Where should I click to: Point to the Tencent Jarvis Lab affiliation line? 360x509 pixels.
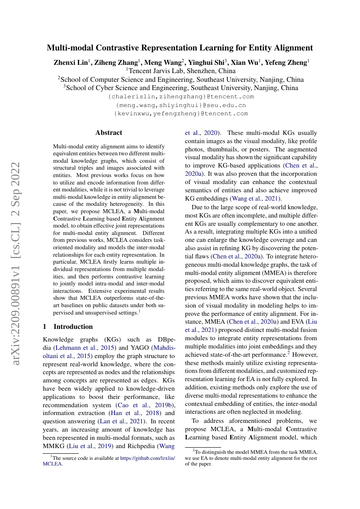181,70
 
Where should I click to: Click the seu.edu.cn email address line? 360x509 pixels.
181,105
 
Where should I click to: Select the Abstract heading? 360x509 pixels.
109,133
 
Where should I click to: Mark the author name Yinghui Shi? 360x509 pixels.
207,62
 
